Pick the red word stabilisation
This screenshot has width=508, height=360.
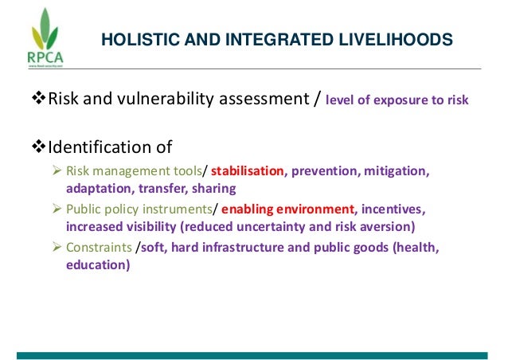248,171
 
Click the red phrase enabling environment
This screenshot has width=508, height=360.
288,209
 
